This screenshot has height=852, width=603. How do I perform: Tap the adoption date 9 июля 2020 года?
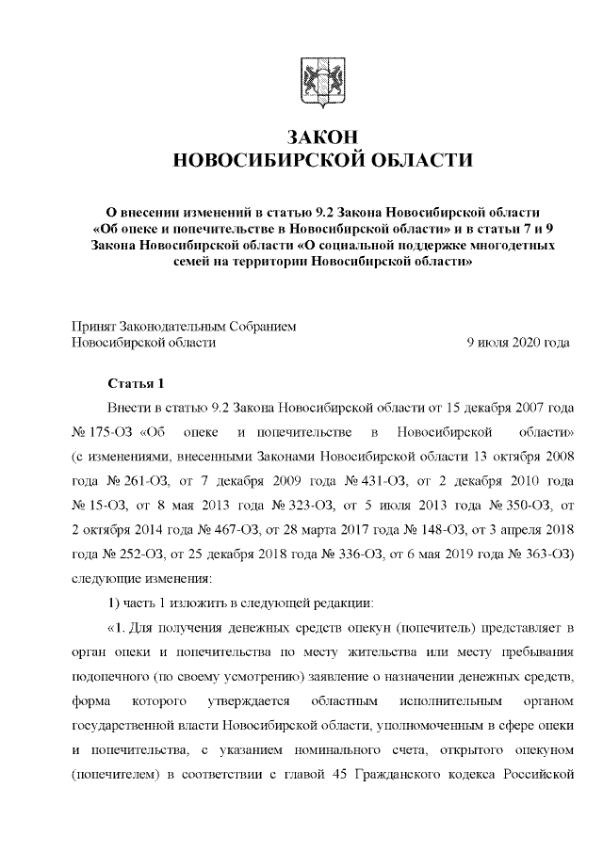517,344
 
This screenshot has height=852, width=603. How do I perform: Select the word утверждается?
247,701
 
